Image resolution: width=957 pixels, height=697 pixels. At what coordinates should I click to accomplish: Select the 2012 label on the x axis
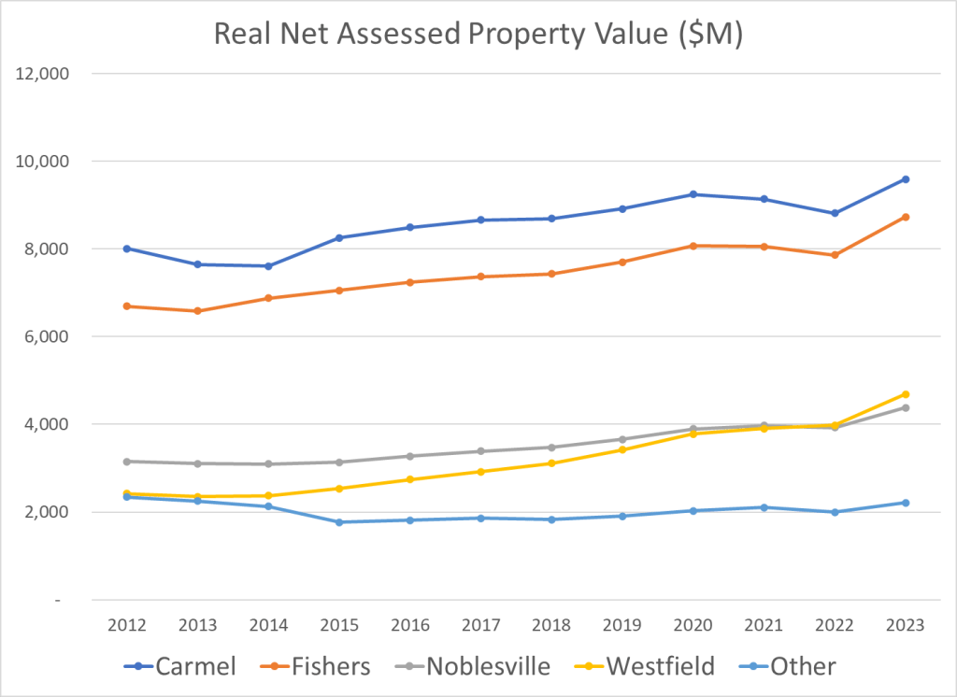126,626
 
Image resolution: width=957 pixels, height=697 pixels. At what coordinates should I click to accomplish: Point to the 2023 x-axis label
906,626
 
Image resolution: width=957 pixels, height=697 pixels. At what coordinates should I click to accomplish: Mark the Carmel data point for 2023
906,179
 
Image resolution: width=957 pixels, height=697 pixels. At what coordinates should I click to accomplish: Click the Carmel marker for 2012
126,249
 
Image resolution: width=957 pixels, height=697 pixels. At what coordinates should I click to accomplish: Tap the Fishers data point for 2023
906,217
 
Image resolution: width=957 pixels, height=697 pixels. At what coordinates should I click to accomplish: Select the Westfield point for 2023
906,394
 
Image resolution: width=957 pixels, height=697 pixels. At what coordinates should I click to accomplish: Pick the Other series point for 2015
339,522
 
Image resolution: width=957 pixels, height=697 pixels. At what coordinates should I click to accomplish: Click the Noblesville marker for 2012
126,462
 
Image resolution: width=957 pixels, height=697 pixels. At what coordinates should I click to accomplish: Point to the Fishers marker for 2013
197,311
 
